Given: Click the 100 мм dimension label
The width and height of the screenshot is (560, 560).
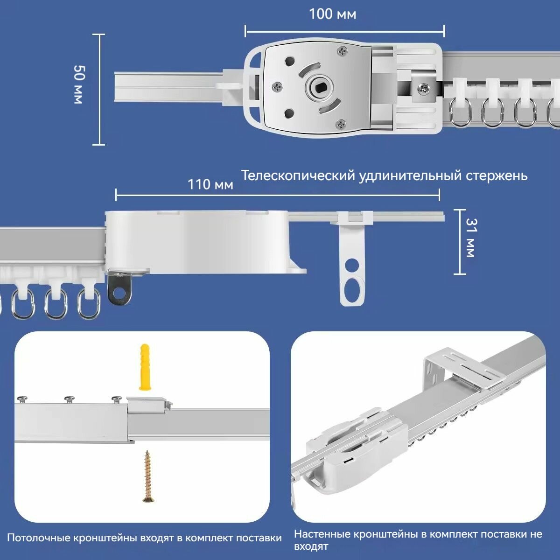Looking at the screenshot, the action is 332,14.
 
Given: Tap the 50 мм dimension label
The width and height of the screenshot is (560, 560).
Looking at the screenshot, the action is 78,84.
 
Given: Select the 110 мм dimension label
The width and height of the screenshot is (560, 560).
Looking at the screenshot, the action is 210,184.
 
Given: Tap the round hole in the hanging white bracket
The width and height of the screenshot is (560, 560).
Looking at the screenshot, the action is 352,265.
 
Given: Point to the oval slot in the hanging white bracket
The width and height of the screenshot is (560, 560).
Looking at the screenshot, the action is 352,291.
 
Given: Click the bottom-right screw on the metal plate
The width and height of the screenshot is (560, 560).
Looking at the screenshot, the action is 340,124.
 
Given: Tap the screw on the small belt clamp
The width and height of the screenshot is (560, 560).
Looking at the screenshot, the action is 423,88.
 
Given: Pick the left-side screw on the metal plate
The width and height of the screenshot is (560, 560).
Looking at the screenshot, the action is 277,87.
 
